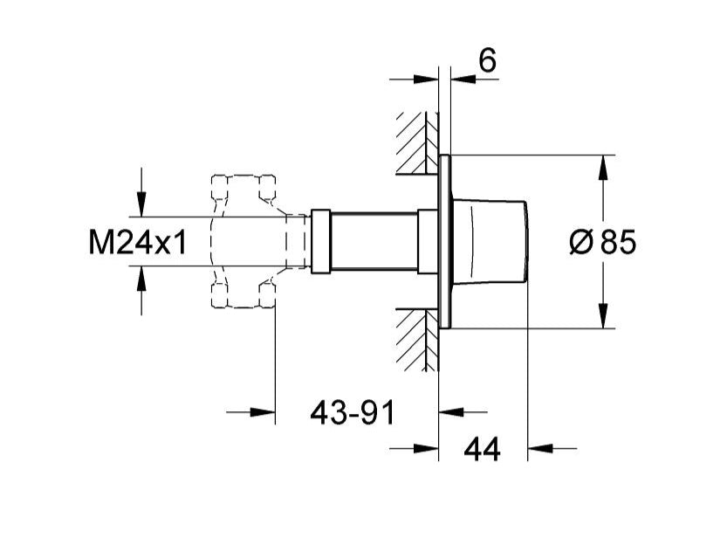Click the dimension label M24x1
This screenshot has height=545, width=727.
[x=138, y=242]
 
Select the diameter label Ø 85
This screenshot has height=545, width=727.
[x=602, y=242]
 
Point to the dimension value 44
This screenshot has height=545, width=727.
[x=482, y=449]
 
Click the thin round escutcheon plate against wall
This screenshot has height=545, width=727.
[x=445, y=242]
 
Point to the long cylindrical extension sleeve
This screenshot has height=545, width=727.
[x=374, y=242]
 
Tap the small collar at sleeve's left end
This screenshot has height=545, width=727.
[x=320, y=240]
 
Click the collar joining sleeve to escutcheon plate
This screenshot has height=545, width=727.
[x=428, y=242]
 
